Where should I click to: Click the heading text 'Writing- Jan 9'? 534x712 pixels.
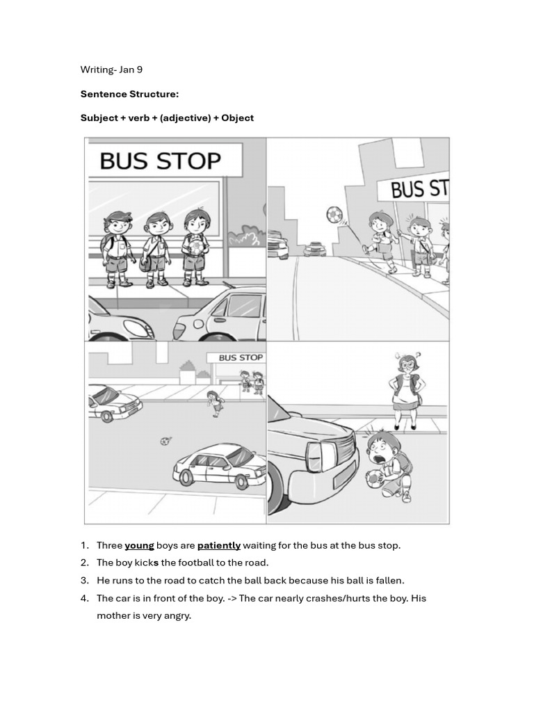click(111, 70)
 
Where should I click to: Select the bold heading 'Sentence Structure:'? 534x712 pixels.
click(129, 94)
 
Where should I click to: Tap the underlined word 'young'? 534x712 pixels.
click(139, 545)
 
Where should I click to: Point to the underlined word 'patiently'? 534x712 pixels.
click(218, 545)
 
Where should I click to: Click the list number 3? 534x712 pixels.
click(84, 580)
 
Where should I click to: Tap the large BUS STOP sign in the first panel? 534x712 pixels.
click(160, 161)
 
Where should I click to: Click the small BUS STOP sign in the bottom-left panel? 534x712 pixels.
click(241, 357)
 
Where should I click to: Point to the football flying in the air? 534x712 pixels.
click(335, 214)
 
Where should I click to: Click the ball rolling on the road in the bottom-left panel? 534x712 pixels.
click(165, 441)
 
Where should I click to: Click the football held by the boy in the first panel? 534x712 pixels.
click(197, 246)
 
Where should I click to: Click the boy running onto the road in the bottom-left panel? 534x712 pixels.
click(215, 403)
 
